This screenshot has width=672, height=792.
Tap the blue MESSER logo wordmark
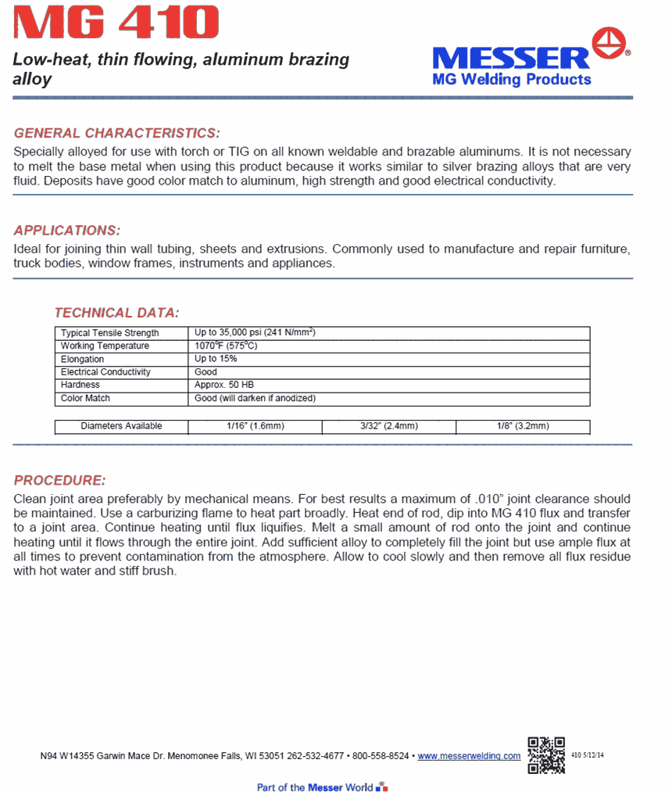point(511,58)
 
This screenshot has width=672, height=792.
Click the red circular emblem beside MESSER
point(611,44)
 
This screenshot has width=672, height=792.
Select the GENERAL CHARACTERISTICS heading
point(117,133)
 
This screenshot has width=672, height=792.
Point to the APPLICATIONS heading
point(67,231)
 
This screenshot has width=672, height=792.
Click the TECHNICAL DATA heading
point(116,313)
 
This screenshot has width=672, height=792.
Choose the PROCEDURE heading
point(59,480)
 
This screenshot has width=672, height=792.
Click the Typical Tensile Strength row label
point(109,333)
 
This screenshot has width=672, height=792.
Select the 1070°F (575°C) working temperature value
point(226,346)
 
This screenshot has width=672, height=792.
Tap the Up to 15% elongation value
point(216,359)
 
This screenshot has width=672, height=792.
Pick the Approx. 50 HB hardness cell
point(224,385)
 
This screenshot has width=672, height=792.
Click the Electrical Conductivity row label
point(105,372)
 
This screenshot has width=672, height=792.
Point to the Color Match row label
point(85,398)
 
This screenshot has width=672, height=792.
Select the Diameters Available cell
point(121,426)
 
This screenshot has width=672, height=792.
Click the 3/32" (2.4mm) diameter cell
point(388,426)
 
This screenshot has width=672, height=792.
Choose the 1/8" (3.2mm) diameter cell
point(522,426)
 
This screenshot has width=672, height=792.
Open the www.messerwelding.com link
point(469,756)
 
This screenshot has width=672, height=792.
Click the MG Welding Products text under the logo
point(512,79)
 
